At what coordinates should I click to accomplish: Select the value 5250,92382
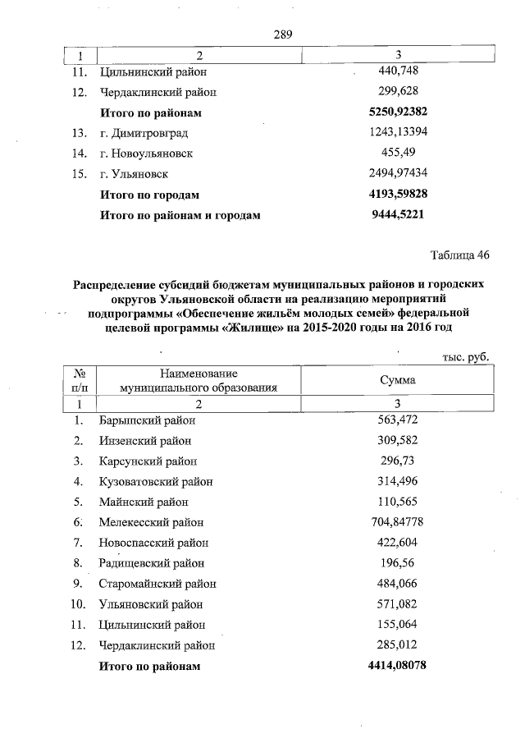click(398, 112)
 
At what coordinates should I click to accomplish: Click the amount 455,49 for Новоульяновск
click(398, 153)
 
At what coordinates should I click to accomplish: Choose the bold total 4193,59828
click(398, 195)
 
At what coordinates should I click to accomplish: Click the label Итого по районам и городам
click(180, 216)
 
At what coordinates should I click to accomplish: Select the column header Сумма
click(398, 381)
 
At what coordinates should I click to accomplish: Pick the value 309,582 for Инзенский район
click(398, 440)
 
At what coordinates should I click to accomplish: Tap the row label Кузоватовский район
click(156, 481)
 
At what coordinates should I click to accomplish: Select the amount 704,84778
click(398, 521)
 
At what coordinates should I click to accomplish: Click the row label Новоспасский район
click(153, 543)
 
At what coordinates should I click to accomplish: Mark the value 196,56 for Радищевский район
click(398, 562)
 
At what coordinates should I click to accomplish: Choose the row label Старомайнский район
click(157, 584)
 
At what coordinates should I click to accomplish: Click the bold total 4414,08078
click(398, 666)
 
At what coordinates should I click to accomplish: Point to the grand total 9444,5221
click(398, 216)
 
